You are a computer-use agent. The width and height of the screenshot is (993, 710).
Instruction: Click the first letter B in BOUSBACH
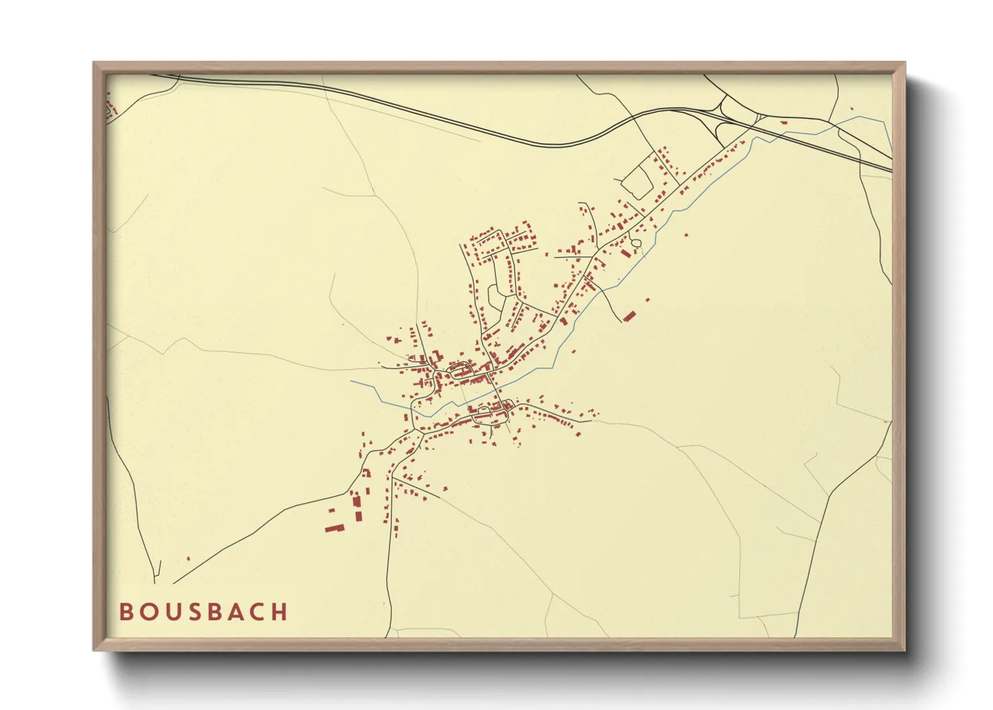(x=125, y=612)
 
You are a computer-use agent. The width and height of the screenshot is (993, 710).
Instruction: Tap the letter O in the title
(x=148, y=612)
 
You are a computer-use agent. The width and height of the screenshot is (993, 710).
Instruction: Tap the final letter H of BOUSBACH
(x=282, y=612)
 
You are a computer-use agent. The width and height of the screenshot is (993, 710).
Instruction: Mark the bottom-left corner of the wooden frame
(x=95, y=649)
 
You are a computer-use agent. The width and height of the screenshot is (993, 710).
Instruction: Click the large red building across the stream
(x=629, y=316)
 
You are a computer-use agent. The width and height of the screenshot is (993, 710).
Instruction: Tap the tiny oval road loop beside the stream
(x=636, y=242)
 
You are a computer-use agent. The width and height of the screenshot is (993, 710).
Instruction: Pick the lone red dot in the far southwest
(x=188, y=558)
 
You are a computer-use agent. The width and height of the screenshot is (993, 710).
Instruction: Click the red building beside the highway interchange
(x=783, y=123)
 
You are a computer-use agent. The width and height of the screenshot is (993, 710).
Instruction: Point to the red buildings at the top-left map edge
(x=111, y=107)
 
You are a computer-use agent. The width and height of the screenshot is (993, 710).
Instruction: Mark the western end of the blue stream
(x=352, y=382)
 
